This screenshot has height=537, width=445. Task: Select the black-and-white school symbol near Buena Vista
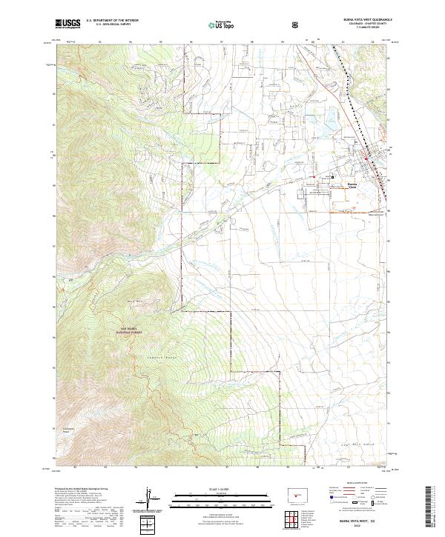pos(333,177)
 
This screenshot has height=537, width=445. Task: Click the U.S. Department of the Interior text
pos(112,21)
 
